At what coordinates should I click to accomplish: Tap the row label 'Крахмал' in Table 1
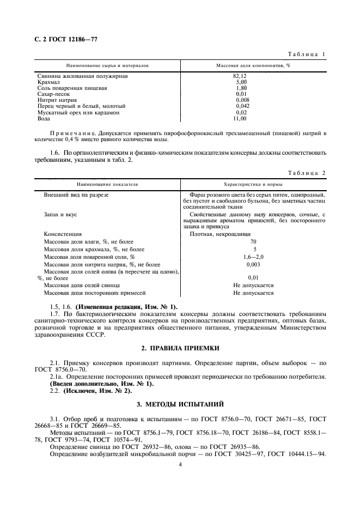click(x=48, y=82)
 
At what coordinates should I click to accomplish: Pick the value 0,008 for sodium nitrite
click(x=242, y=100)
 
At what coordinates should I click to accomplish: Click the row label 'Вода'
click(x=43, y=118)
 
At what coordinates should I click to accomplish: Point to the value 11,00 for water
click(x=241, y=118)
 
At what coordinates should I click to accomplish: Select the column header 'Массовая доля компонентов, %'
click(x=253, y=65)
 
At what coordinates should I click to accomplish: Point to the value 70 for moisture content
click(x=253, y=241)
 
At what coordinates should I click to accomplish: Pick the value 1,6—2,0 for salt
click(x=253, y=256)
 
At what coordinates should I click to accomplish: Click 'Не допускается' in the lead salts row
click(x=253, y=285)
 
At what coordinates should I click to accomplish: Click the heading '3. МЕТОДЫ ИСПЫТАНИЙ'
click(x=180, y=406)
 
